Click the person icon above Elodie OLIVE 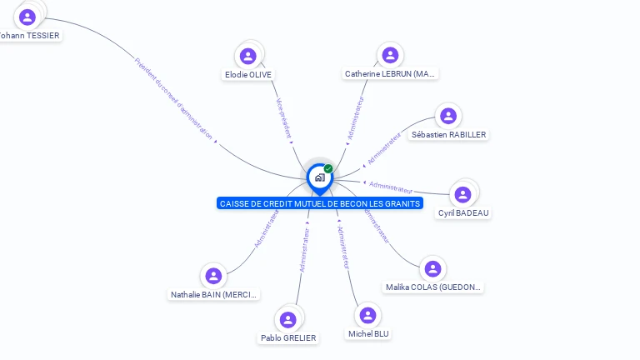pos(247,56)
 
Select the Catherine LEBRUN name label pos(390,74)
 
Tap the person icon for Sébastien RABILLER pos(448,116)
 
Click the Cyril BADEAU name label pos(464,212)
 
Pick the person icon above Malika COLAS pos(432,268)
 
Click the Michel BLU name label pos(368,334)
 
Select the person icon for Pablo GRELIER pos(288,319)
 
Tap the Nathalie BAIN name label pos(215,294)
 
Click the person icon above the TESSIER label pos(27,17)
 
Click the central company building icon pos(319,177)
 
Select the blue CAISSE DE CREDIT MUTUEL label pos(320,203)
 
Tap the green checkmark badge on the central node pos(328,168)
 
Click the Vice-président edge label pos(283,117)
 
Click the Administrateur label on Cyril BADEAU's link pos(391,187)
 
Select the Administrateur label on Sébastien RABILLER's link pos(384,148)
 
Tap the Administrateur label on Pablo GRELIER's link pos(303,251)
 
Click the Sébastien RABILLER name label pos(448,135)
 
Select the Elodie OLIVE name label pos(248,74)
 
